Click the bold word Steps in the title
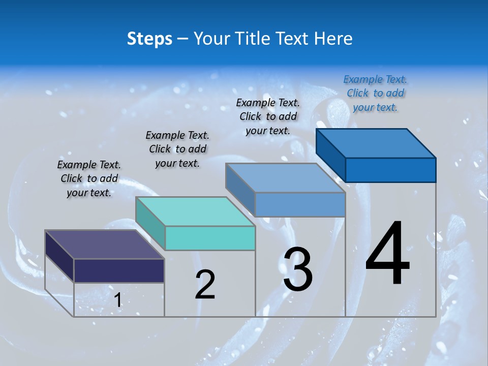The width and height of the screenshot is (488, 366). pyautogui.click(x=149, y=39)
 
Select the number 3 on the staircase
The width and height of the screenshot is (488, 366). pyautogui.click(x=298, y=269)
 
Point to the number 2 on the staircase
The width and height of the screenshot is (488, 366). pyautogui.click(x=205, y=285)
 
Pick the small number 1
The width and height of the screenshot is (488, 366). pyautogui.click(x=117, y=300)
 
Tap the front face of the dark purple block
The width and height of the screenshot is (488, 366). pyautogui.click(x=119, y=270)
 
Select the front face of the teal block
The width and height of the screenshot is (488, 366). pyautogui.click(x=210, y=238)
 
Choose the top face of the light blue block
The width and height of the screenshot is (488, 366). pyautogui.click(x=285, y=178)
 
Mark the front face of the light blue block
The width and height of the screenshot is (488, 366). pyautogui.click(x=300, y=204)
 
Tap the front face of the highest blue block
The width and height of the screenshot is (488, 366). pyautogui.click(x=390, y=170)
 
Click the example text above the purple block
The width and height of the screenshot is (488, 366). pyautogui.click(x=89, y=178)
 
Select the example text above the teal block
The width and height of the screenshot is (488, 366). pyautogui.click(x=177, y=149)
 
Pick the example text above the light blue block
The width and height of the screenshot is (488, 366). pyautogui.click(x=268, y=116)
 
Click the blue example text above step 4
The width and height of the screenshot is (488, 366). pyautogui.click(x=375, y=93)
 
